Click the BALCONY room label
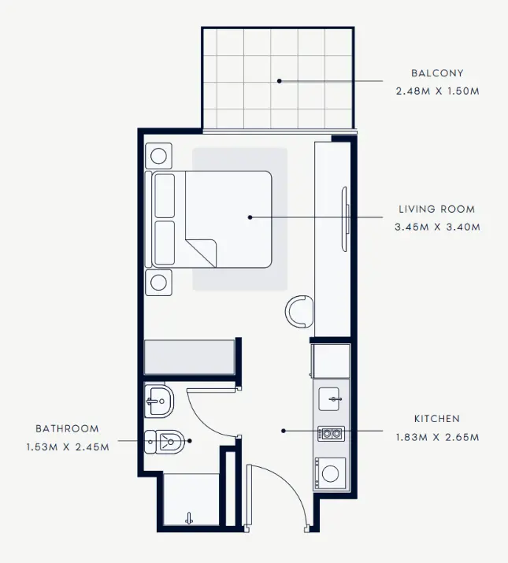pyautogui.click(x=437, y=73)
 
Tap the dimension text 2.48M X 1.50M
pyautogui.click(x=438, y=91)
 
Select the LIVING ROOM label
pyautogui.click(x=437, y=209)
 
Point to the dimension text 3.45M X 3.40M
pyautogui.click(x=437, y=227)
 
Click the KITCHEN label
pyautogui.click(x=437, y=419)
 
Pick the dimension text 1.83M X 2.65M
pyautogui.click(x=437, y=437)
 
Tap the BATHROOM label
pyautogui.click(x=67, y=428)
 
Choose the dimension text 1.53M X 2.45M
pyautogui.click(x=68, y=447)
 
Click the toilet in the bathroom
pyautogui.click(x=164, y=442)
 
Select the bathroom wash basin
pyautogui.click(x=159, y=401)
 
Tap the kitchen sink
pyautogui.click(x=329, y=399)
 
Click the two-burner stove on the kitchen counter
pyautogui.click(x=332, y=434)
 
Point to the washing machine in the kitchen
pyautogui.click(x=330, y=473)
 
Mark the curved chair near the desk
pyautogui.click(x=299, y=312)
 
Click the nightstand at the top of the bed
pyautogui.click(x=158, y=156)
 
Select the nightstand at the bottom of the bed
pyautogui.click(x=158, y=283)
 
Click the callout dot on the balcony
pyautogui.click(x=279, y=81)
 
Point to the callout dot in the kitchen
pyautogui.click(x=284, y=431)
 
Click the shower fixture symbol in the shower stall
pyautogui.click(x=189, y=518)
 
